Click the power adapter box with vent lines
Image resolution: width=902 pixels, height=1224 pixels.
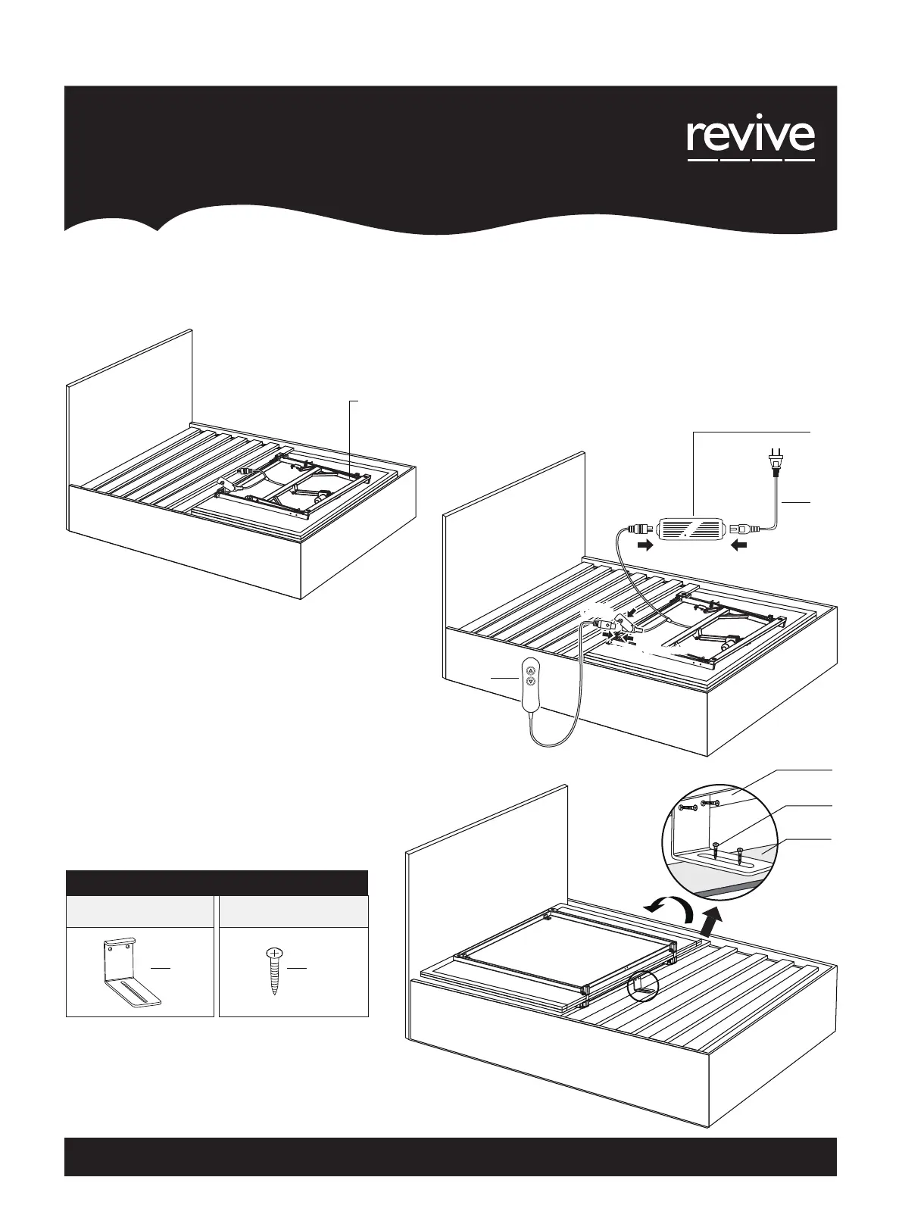[x=693, y=527]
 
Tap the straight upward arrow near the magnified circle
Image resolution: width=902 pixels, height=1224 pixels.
[x=710, y=923]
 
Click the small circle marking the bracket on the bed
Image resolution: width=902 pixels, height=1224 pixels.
[x=643, y=987]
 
